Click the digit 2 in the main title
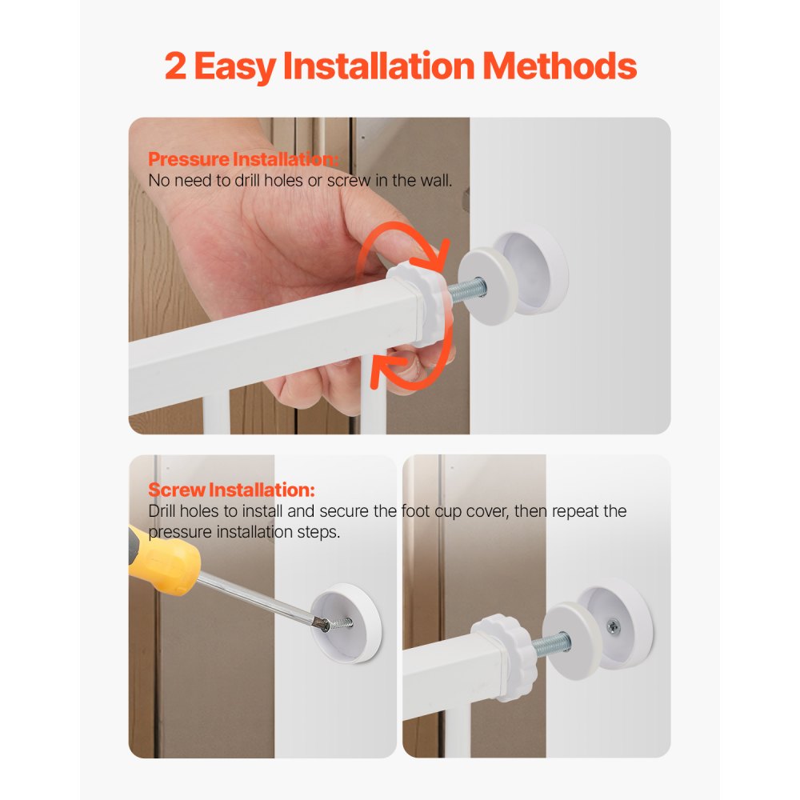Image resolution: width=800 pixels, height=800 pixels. pyautogui.click(x=175, y=66)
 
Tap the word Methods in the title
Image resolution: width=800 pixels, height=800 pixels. pyautogui.click(x=559, y=66)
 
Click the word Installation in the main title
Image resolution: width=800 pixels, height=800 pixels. pyautogui.click(x=378, y=66)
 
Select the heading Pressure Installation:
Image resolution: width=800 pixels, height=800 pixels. pyautogui.click(x=243, y=159)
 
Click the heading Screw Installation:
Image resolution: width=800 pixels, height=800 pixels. pyautogui.click(x=231, y=490)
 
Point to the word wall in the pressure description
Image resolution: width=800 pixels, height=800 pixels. pyautogui.click(x=435, y=181)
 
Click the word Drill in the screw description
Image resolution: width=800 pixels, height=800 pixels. pyautogui.click(x=162, y=511)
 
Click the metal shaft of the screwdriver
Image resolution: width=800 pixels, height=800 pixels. pyautogui.click(x=255, y=597)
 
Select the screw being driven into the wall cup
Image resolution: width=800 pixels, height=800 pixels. pyautogui.click(x=337, y=623)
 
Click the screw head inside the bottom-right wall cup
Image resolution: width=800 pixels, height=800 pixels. pyautogui.click(x=614, y=626)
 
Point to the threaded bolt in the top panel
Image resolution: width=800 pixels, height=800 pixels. pyautogui.click(x=467, y=290)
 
